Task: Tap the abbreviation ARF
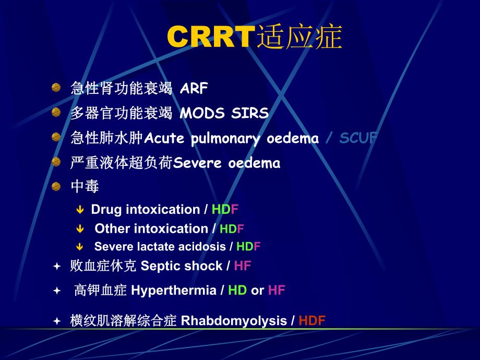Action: [194, 89]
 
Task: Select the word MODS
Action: [202, 113]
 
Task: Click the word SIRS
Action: [249, 113]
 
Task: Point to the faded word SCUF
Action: [358, 138]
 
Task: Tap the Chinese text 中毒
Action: [85, 186]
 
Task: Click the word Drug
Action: [106, 210]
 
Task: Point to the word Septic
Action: [159, 266]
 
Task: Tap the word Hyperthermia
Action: [173, 291]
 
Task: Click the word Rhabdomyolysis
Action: [234, 321]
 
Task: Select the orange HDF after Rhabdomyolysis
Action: [312, 321]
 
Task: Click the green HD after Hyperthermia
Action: [237, 291]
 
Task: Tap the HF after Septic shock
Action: [243, 266]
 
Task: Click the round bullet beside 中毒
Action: [56, 186]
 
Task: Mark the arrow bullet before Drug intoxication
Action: [80, 210]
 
